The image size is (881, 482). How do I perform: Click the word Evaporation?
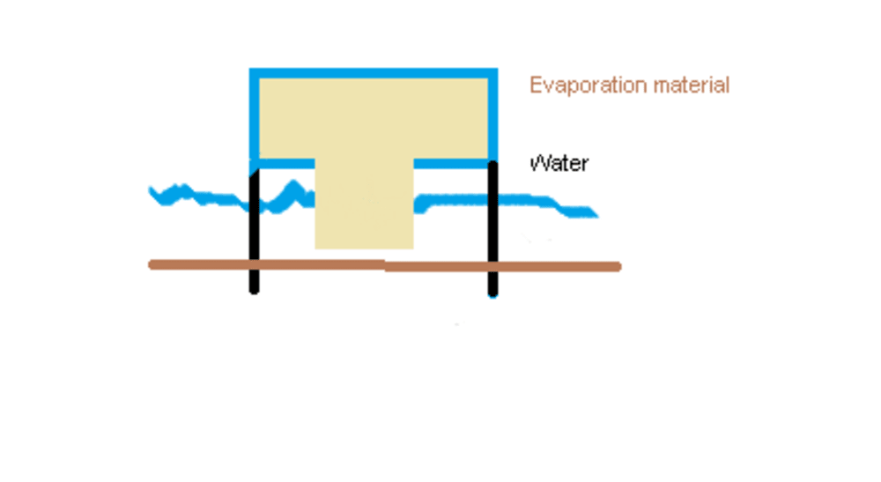click(577, 85)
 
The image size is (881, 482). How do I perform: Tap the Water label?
click(559, 163)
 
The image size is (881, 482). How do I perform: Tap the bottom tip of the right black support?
click(492, 293)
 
